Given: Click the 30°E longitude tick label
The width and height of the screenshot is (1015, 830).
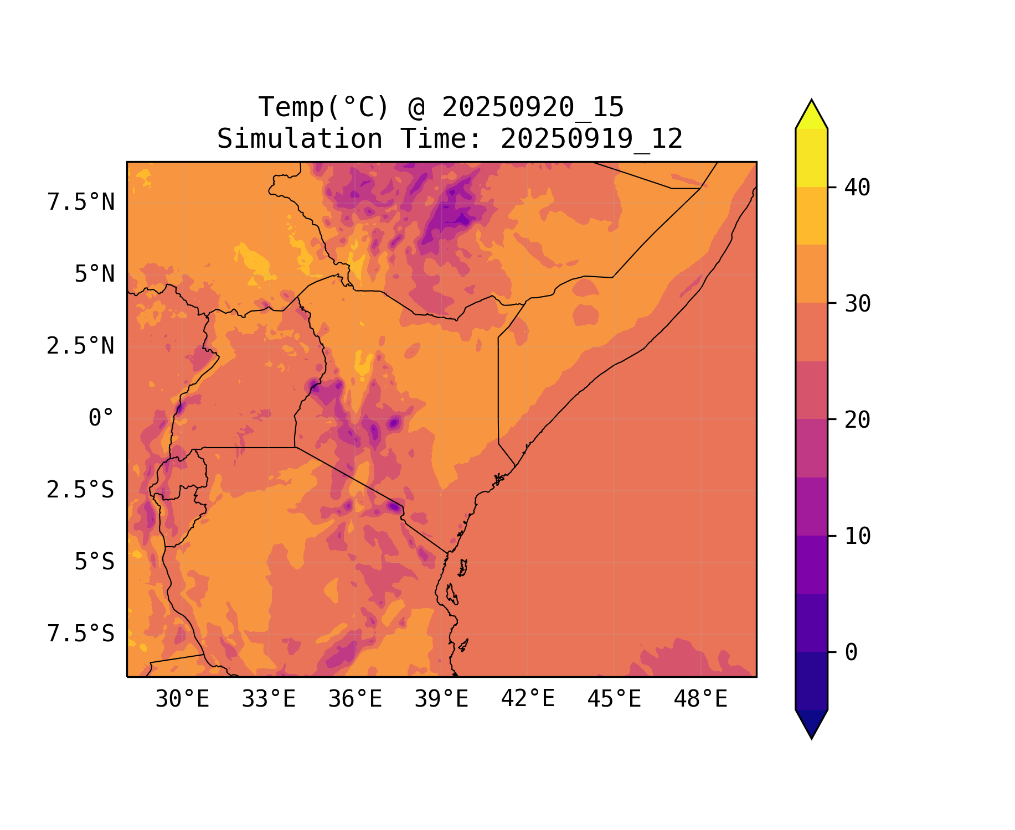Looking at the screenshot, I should click(x=182, y=699).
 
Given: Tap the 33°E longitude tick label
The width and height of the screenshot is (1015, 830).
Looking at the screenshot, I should click(x=269, y=699).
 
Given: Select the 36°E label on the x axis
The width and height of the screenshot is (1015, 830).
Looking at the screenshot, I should click(x=355, y=699).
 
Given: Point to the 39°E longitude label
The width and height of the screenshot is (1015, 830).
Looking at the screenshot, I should click(x=441, y=699).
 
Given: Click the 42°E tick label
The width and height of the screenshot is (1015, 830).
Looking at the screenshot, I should click(x=528, y=699).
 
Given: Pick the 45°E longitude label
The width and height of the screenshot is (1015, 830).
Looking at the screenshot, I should click(x=614, y=699).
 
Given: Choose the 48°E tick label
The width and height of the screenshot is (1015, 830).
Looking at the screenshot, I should click(x=700, y=699).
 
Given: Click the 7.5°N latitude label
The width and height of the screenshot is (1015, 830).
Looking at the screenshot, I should click(x=81, y=203).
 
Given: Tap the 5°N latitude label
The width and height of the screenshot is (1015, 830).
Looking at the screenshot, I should click(x=95, y=274).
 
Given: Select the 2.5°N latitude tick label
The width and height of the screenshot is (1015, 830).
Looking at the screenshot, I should click(x=81, y=346).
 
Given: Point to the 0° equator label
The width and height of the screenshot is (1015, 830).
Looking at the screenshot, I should click(x=101, y=418).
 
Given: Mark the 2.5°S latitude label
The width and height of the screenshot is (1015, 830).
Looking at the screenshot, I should click(x=81, y=490).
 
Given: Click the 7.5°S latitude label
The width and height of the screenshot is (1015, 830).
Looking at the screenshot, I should click(x=81, y=634).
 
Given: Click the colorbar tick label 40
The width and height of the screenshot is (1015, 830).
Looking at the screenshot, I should click(x=857, y=188).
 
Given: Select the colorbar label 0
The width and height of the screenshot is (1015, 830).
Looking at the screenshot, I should click(x=851, y=653).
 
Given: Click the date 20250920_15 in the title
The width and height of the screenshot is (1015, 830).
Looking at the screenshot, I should click(x=533, y=107).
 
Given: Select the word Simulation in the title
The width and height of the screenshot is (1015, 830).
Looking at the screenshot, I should click(x=300, y=139).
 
